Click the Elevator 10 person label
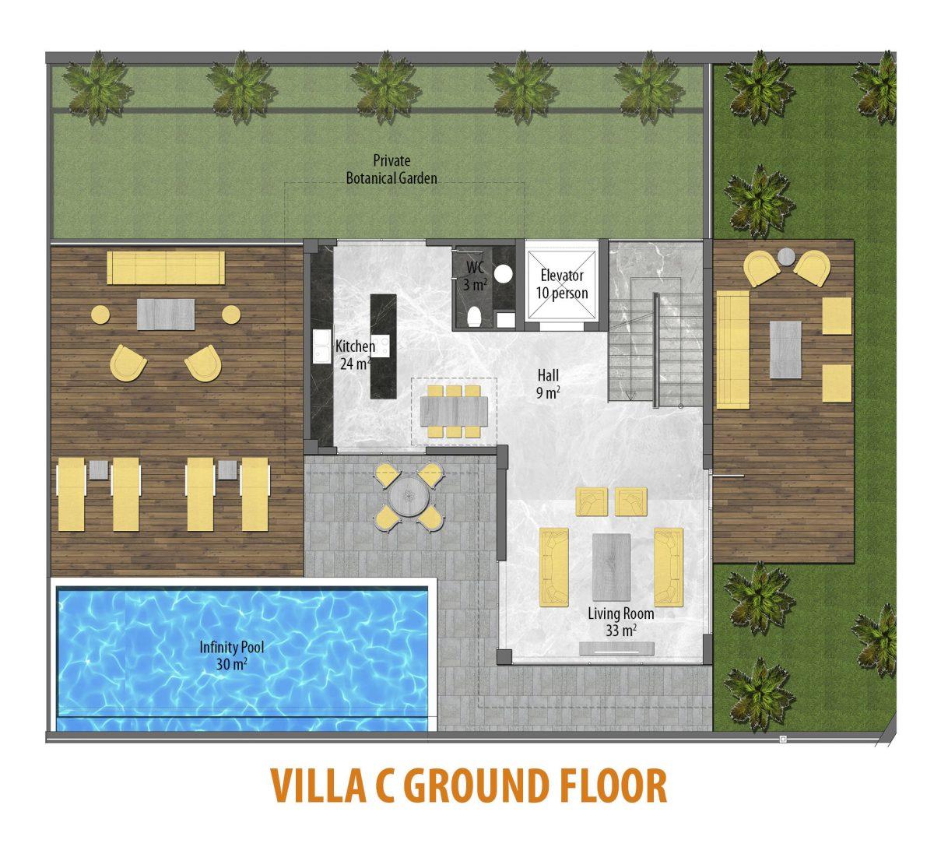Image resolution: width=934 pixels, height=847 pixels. click(x=561, y=283)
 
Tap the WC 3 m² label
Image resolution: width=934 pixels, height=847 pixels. click(x=475, y=276)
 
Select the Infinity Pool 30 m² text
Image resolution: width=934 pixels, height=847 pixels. click(x=231, y=655)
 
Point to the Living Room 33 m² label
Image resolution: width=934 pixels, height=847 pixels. click(x=620, y=621)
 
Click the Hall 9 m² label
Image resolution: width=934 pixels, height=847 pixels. click(x=548, y=384)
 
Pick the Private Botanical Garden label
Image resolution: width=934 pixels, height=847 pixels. click(x=392, y=169)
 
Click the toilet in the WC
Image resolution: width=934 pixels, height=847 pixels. click(x=475, y=316)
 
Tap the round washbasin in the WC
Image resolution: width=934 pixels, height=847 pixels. click(x=503, y=274)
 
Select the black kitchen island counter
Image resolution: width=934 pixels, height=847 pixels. click(x=383, y=346)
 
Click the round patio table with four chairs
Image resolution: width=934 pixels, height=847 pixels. click(x=409, y=496)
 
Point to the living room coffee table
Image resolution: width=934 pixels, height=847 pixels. click(x=611, y=567)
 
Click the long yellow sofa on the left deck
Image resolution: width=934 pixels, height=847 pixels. click(x=166, y=268)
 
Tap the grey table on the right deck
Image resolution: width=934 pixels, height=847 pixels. click(x=785, y=350)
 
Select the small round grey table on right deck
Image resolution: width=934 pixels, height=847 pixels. click(x=787, y=256)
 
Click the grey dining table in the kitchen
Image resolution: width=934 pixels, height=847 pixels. click(x=454, y=411)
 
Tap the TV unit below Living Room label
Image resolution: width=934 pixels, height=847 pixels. click(x=617, y=648)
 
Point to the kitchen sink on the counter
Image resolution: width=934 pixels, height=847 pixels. click(x=321, y=346)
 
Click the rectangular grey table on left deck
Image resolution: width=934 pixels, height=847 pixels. click(x=166, y=315)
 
